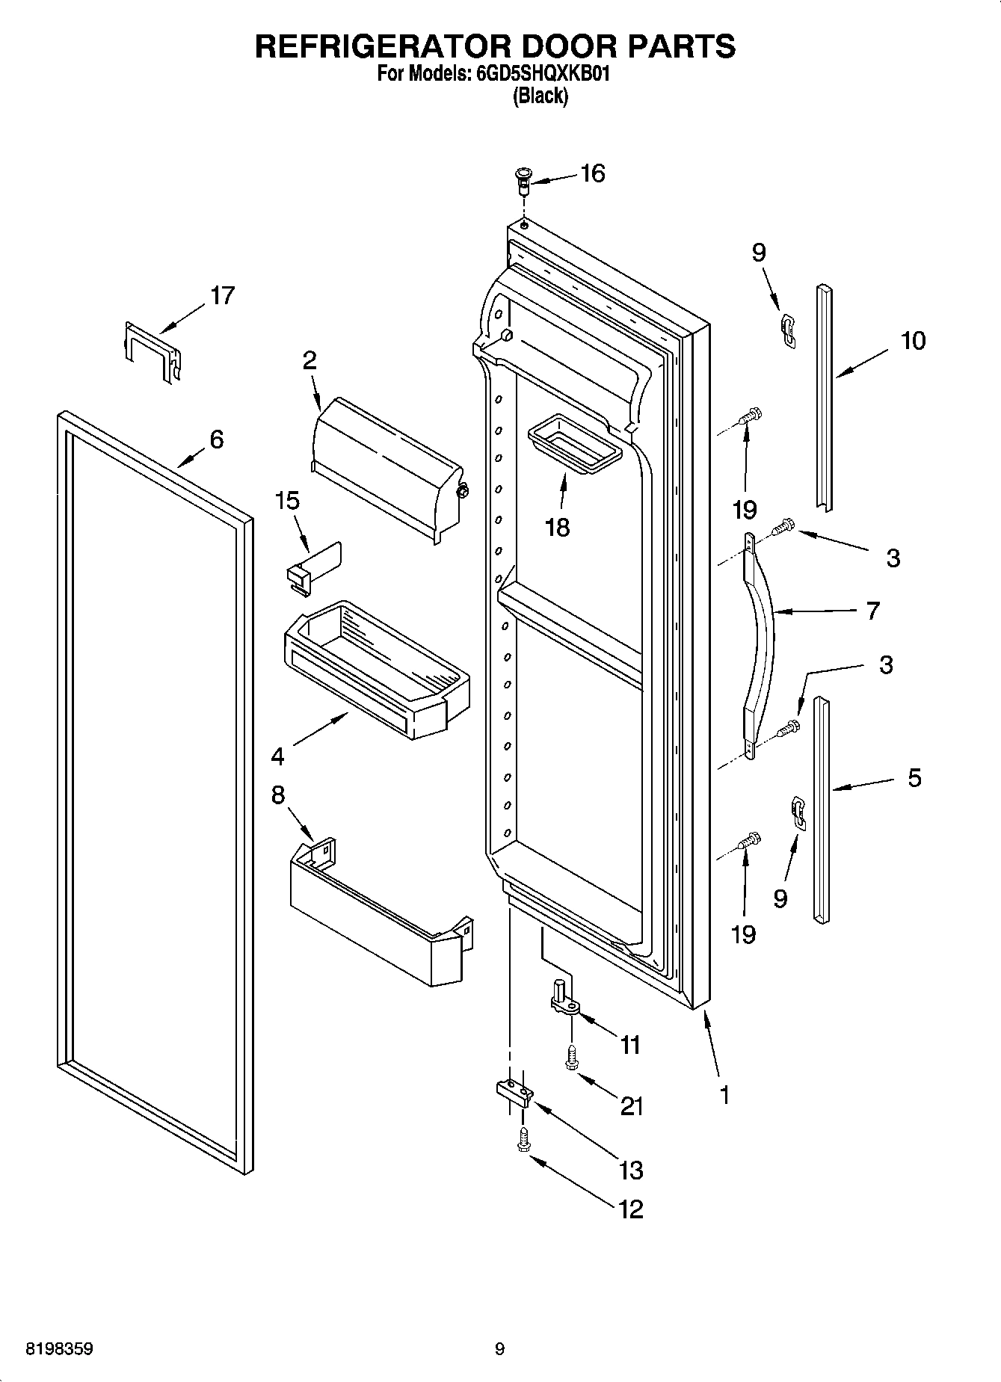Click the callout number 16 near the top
(x=592, y=173)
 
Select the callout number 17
(x=222, y=295)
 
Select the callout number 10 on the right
(x=913, y=341)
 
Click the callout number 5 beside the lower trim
(x=914, y=778)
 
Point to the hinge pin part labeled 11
(x=564, y=999)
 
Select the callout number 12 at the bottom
(x=630, y=1209)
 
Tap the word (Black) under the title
(x=539, y=96)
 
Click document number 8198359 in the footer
(x=60, y=1349)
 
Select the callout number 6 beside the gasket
(x=216, y=439)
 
